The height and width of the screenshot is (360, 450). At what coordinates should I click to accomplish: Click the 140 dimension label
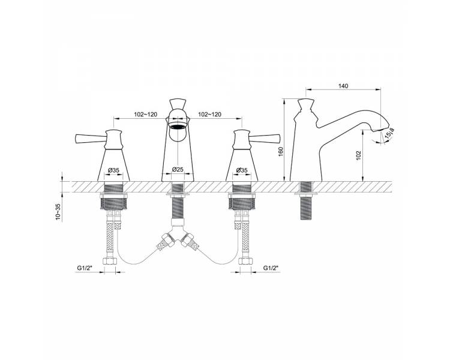coord(343,86)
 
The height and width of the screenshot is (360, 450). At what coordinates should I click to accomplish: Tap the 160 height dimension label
coord(280,151)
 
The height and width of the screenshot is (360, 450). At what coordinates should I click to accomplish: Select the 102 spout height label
coord(358,155)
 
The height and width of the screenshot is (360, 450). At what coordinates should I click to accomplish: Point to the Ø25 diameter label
coord(178,170)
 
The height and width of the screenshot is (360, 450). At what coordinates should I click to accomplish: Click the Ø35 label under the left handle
coord(113,170)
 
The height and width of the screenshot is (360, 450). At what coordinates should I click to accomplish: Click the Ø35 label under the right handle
coord(242,170)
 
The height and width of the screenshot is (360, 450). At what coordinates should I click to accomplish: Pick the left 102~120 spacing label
coord(146,114)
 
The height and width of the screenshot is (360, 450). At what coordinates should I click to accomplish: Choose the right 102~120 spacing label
coord(210,114)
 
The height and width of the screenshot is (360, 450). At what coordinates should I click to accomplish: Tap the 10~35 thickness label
coord(58,212)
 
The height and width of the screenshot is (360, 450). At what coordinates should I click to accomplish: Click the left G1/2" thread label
coord(84,268)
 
